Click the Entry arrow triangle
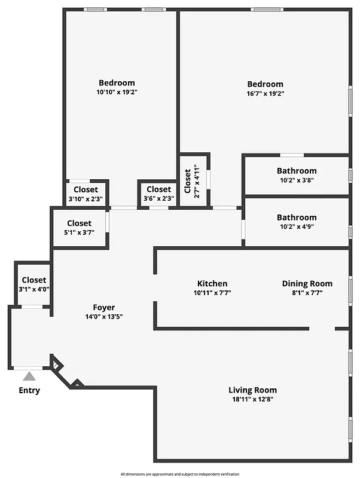(29, 376)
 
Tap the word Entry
(29, 391)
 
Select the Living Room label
(252, 390)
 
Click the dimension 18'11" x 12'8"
(252, 400)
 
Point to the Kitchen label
(212, 284)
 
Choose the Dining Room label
(307, 284)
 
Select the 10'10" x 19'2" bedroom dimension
(117, 93)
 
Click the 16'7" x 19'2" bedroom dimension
(265, 94)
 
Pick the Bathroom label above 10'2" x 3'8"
(297, 171)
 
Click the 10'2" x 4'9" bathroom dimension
(297, 227)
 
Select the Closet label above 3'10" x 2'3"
(86, 190)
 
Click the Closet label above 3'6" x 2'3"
(158, 190)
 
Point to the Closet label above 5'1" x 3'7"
(79, 223)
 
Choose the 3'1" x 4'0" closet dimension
(34, 289)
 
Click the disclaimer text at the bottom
(180, 473)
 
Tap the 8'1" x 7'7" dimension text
(307, 293)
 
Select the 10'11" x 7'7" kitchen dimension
(212, 293)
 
